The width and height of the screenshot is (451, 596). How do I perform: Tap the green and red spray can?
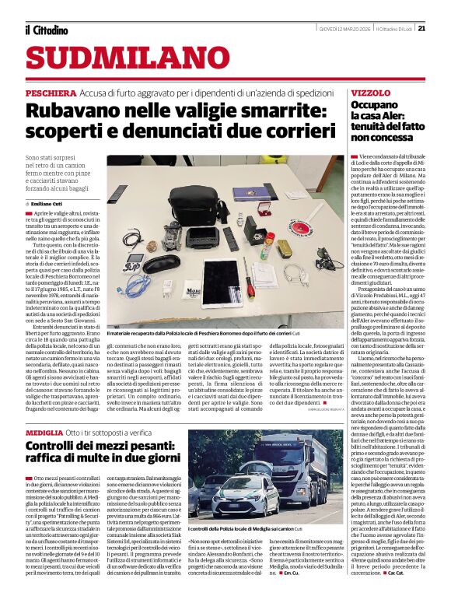(x=267, y=247)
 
